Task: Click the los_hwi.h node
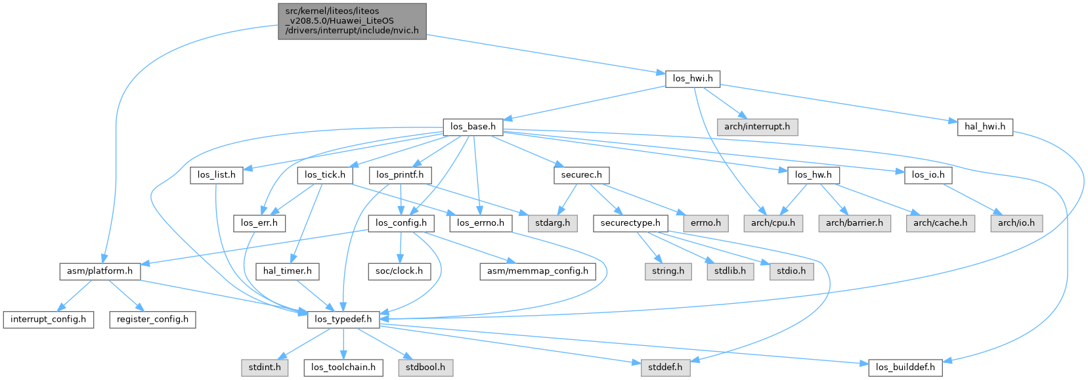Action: point(693,79)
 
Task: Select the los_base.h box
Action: point(473,127)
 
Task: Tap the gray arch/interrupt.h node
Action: point(757,127)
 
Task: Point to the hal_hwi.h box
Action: point(985,127)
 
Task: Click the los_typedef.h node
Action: point(343,319)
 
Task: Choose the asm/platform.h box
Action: point(100,271)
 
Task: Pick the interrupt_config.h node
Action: point(48,319)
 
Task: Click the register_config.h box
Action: point(152,319)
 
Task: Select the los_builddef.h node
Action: point(905,367)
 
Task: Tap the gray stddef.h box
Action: point(665,367)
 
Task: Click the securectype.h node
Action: point(630,223)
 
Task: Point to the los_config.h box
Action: point(401,223)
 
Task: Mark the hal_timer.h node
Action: point(288,271)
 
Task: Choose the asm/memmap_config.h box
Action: point(538,271)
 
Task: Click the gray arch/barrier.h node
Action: point(854,223)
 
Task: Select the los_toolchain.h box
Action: point(343,367)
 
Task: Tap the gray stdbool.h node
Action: point(425,367)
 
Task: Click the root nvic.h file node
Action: point(352,21)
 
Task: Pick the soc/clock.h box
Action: point(399,271)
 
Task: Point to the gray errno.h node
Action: point(706,223)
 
